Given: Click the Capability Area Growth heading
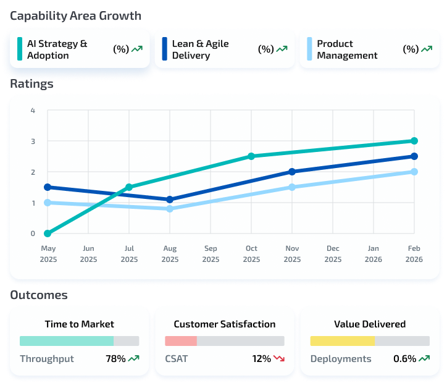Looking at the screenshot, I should pyautogui.click(x=75, y=15).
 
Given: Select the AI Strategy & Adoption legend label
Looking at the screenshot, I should pyautogui.click(x=57, y=49).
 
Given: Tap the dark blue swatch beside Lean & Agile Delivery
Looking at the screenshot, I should pyautogui.click(x=164, y=49).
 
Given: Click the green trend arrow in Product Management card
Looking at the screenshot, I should pyautogui.click(x=427, y=49).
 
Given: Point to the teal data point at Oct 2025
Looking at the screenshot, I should pyautogui.click(x=251, y=156).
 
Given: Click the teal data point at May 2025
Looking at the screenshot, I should pyautogui.click(x=48, y=234).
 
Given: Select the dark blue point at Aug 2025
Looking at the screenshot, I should pyautogui.click(x=170, y=200).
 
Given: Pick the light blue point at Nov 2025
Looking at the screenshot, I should pyautogui.click(x=292, y=187).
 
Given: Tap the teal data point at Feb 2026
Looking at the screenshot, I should pyautogui.click(x=414, y=141).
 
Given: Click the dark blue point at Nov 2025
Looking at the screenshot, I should pyautogui.click(x=292, y=172).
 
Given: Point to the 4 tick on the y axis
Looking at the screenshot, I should pyautogui.click(x=33, y=111).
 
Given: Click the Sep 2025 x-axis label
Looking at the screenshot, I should pyautogui.click(x=211, y=254).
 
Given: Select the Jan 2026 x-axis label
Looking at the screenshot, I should pyautogui.click(x=374, y=254).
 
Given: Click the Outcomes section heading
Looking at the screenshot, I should pyautogui.click(x=39, y=295).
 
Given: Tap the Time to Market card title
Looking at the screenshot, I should pyautogui.click(x=79, y=324).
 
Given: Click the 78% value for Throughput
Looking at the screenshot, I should pyautogui.click(x=115, y=359).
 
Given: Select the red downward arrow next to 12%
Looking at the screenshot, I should pyautogui.click(x=279, y=359).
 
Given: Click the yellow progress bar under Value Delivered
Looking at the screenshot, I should pyautogui.click(x=342, y=341).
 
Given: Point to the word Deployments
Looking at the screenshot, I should pyautogui.click(x=341, y=359).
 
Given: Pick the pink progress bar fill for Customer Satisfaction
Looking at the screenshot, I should pyautogui.click(x=181, y=341).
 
